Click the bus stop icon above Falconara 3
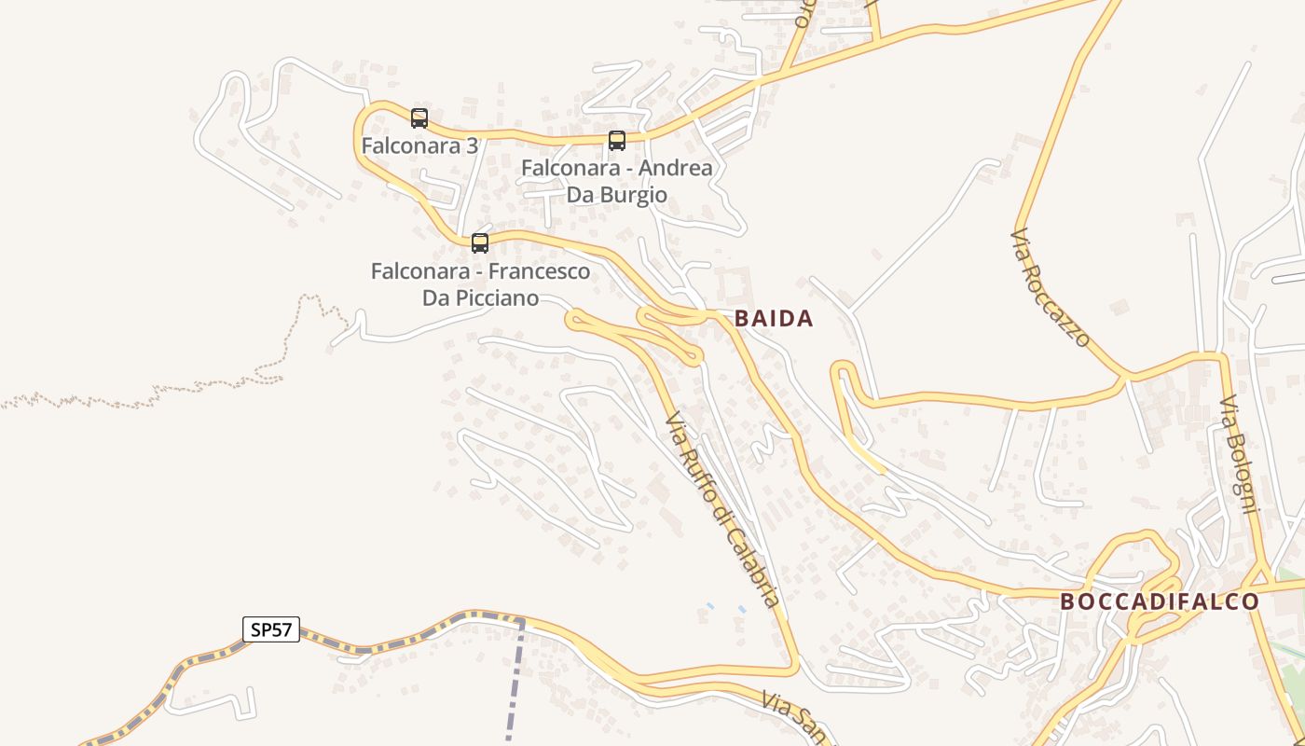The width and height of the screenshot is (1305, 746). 419,118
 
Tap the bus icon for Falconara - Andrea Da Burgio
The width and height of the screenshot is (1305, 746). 617,141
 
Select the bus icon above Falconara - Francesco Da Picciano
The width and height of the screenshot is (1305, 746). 480,243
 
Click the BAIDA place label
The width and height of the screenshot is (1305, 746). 774,319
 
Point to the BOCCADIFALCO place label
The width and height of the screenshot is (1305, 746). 1160,601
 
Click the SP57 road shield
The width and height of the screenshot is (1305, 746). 271,629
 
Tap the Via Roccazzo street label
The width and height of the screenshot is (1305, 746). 1051,288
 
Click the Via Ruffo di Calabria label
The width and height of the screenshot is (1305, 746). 722,511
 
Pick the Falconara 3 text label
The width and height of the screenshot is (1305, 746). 419,146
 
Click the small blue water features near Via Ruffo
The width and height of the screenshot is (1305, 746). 726,608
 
